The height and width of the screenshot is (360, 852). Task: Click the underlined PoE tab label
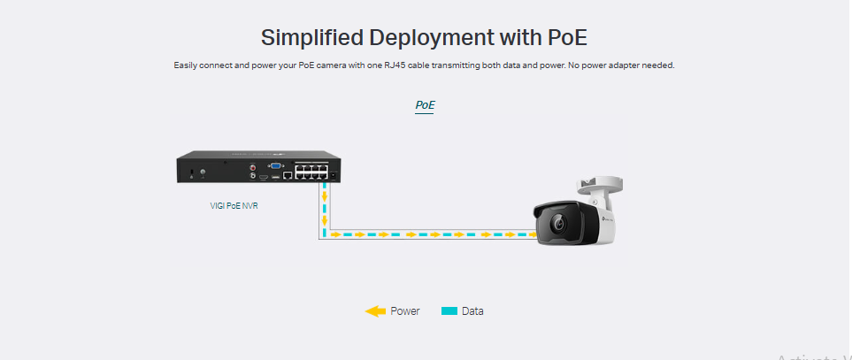coord(426,105)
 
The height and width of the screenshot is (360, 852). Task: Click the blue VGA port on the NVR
coord(276,165)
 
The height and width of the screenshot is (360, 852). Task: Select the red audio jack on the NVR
coord(254,165)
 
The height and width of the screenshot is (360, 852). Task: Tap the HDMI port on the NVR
coord(263,176)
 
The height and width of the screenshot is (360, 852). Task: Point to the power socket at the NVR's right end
coord(334,174)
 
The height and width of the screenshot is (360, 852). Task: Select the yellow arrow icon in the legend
coord(375,311)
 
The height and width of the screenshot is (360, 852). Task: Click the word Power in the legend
coord(405,311)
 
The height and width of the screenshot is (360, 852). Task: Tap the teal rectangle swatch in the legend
coord(449,311)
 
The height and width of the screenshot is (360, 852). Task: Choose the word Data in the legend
coord(472,311)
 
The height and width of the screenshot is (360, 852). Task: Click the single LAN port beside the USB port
coord(288,176)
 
